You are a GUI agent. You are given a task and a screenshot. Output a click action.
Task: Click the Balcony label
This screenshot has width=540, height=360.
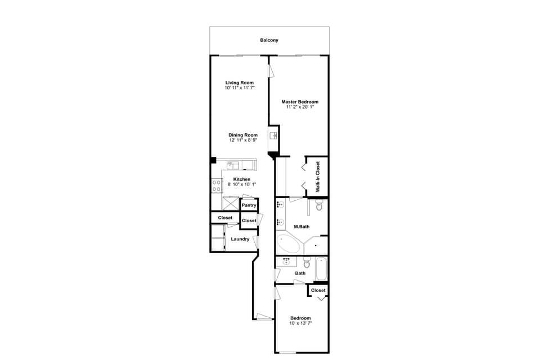[269, 40]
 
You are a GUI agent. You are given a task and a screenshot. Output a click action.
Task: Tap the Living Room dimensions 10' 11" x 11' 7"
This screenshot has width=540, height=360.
[239, 88]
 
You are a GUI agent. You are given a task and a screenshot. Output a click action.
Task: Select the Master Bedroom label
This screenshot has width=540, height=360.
[300, 102]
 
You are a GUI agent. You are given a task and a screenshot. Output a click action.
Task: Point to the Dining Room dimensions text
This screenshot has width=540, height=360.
[243, 140]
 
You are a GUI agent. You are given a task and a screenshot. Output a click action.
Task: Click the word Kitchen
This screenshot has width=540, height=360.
[242, 179]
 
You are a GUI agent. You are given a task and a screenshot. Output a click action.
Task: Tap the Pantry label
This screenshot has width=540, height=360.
[249, 205]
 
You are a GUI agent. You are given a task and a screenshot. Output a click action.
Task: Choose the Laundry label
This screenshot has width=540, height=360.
[240, 239]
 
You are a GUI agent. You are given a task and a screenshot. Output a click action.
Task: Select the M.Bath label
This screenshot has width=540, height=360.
[302, 227]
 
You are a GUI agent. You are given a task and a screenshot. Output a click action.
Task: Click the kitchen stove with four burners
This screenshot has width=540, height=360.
[217, 186]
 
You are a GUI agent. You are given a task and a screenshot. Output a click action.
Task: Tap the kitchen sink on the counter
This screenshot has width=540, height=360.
[233, 165]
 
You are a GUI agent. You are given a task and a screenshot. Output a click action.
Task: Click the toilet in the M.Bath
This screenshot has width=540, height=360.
[319, 206]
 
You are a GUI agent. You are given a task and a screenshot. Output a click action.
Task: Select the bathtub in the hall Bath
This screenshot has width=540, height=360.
[321, 268]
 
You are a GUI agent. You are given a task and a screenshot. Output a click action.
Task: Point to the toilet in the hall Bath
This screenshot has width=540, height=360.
[307, 263]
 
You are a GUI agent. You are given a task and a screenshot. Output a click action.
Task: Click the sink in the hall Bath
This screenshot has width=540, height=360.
[287, 261]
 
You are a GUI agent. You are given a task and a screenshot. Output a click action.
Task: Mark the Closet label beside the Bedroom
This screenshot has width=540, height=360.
[318, 290]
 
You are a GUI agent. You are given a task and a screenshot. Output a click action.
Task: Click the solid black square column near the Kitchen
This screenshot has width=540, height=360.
[213, 160]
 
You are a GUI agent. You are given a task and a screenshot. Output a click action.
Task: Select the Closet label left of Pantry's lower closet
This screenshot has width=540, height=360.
[225, 218]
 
